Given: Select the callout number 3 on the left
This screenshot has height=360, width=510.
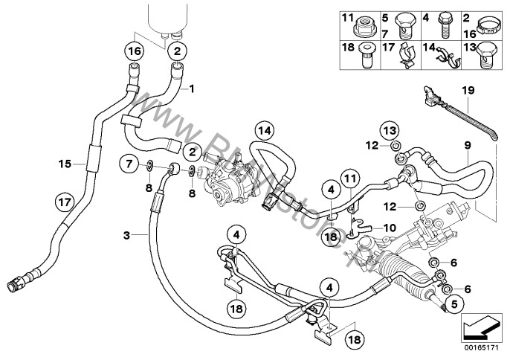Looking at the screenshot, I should click(127, 235).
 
